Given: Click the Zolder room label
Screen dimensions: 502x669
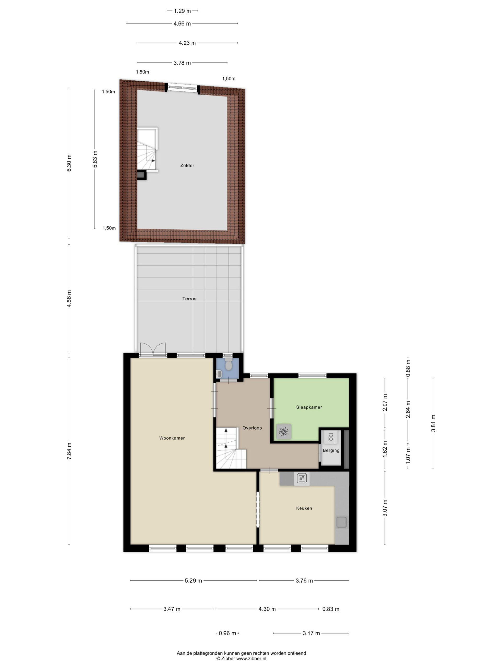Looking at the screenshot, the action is [187, 165].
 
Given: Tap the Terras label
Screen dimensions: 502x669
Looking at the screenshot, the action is [189, 298].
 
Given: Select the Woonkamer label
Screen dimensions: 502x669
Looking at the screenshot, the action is [172, 438].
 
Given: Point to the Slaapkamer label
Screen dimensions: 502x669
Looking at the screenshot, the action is [309, 407].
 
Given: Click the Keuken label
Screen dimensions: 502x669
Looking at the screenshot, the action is [304, 508].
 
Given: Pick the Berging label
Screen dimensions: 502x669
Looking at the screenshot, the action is [331, 450].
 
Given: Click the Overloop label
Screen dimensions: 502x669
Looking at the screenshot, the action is [252, 428].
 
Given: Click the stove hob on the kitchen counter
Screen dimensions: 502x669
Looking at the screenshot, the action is [302, 478].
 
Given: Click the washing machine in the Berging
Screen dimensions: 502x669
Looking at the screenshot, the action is [331, 437].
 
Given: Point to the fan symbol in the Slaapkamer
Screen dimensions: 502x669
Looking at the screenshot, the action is [283, 431].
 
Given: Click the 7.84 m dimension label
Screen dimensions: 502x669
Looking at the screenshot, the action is [69, 451].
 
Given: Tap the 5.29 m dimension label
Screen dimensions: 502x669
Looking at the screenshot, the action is [193, 580].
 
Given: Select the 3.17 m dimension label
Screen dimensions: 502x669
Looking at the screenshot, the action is [311, 633].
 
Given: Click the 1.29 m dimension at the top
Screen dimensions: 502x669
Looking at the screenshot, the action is [182, 11].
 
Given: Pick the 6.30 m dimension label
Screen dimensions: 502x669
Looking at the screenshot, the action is [69, 163].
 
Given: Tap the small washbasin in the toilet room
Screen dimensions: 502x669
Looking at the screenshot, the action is [219, 374].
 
